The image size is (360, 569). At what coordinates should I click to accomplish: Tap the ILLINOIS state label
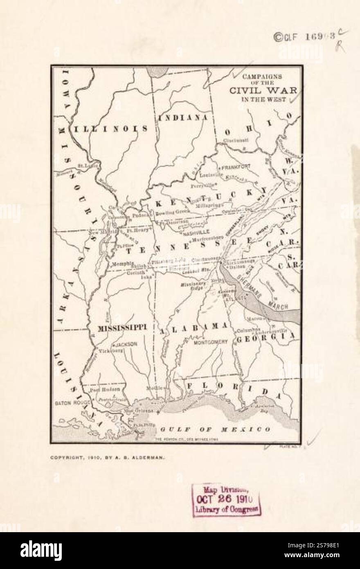(110, 129)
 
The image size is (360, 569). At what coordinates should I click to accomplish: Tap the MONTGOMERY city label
(210, 341)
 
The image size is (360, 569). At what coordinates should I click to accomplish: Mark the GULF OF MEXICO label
(215, 429)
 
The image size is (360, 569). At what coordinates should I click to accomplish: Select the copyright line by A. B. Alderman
(108, 458)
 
